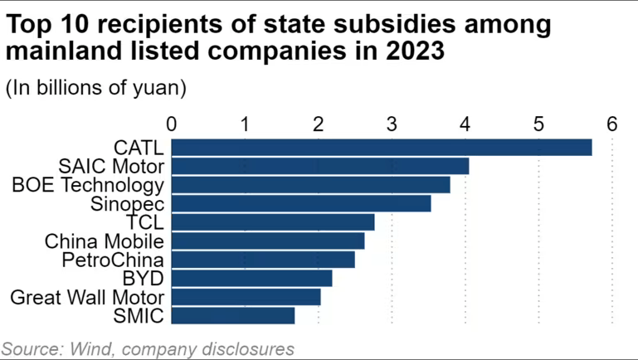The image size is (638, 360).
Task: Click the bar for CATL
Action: click(x=381, y=148)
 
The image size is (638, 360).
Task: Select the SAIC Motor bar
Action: click(x=319, y=166)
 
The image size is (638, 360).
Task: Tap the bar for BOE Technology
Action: click(x=310, y=185)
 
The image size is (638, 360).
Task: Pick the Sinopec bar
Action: click(x=300, y=203)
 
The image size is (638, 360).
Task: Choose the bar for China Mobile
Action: click(x=267, y=241)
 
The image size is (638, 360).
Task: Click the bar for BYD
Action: click(x=251, y=278)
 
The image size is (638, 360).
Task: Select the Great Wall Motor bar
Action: click(x=246, y=297)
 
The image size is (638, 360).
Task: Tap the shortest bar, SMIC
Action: click(x=232, y=315)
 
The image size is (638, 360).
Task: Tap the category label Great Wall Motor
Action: click(x=87, y=297)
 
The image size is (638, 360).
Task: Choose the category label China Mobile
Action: click(x=104, y=241)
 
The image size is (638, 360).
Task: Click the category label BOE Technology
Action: click(x=87, y=185)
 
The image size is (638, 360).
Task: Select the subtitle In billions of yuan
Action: click(x=96, y=88)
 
